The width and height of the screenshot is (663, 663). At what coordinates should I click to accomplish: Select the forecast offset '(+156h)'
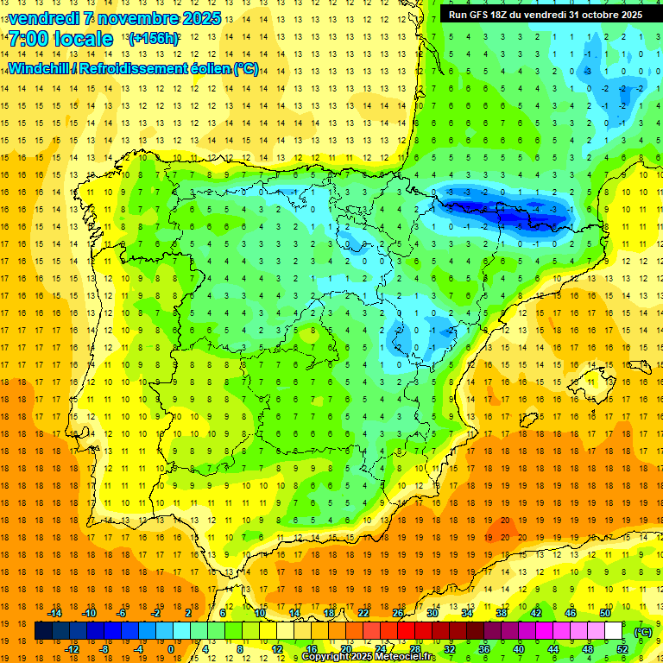tap(154, 39)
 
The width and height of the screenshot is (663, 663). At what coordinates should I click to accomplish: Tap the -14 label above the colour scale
tap(55, 613)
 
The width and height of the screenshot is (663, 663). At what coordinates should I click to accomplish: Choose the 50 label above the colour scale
tap(605, 613)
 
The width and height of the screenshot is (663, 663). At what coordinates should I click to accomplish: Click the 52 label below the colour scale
tap(622, 649)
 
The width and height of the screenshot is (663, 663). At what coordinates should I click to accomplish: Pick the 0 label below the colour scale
tap(171, 649)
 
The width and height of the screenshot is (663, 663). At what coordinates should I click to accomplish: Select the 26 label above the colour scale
tap(398, 613)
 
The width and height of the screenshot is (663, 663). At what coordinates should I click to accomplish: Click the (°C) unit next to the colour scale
tap(643, 632)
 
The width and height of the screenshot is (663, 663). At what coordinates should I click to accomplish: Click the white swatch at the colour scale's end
tap(613, 631)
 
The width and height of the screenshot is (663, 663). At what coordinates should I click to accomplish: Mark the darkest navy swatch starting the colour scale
tap(43, 631)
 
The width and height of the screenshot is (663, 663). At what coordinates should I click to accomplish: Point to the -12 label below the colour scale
tap(73, 649)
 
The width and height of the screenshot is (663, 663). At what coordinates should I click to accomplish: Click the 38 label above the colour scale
tap(502, 613)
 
